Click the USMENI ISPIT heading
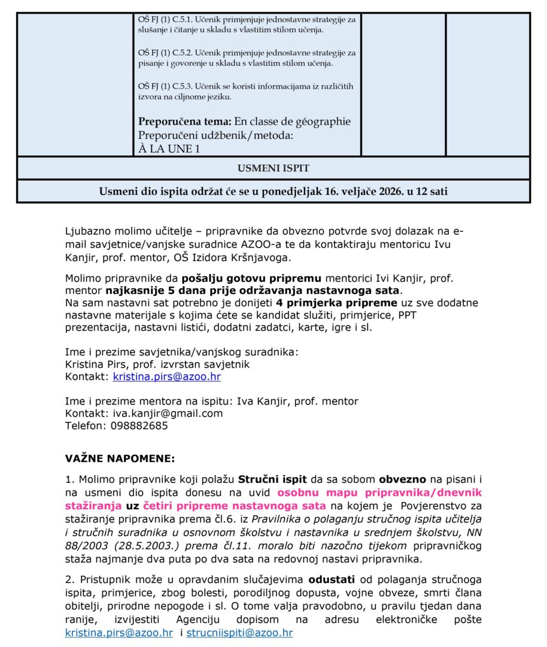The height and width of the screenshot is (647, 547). point(273,168)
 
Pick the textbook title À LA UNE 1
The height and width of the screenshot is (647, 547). point(169,149)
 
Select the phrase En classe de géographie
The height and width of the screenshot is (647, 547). point(293,122)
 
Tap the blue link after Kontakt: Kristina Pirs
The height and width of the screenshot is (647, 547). point(167,377)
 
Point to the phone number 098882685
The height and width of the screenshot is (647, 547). point(139,426)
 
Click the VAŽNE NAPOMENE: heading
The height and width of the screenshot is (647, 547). point(120,459)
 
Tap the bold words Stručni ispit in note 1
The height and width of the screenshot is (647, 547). point(272,480)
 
